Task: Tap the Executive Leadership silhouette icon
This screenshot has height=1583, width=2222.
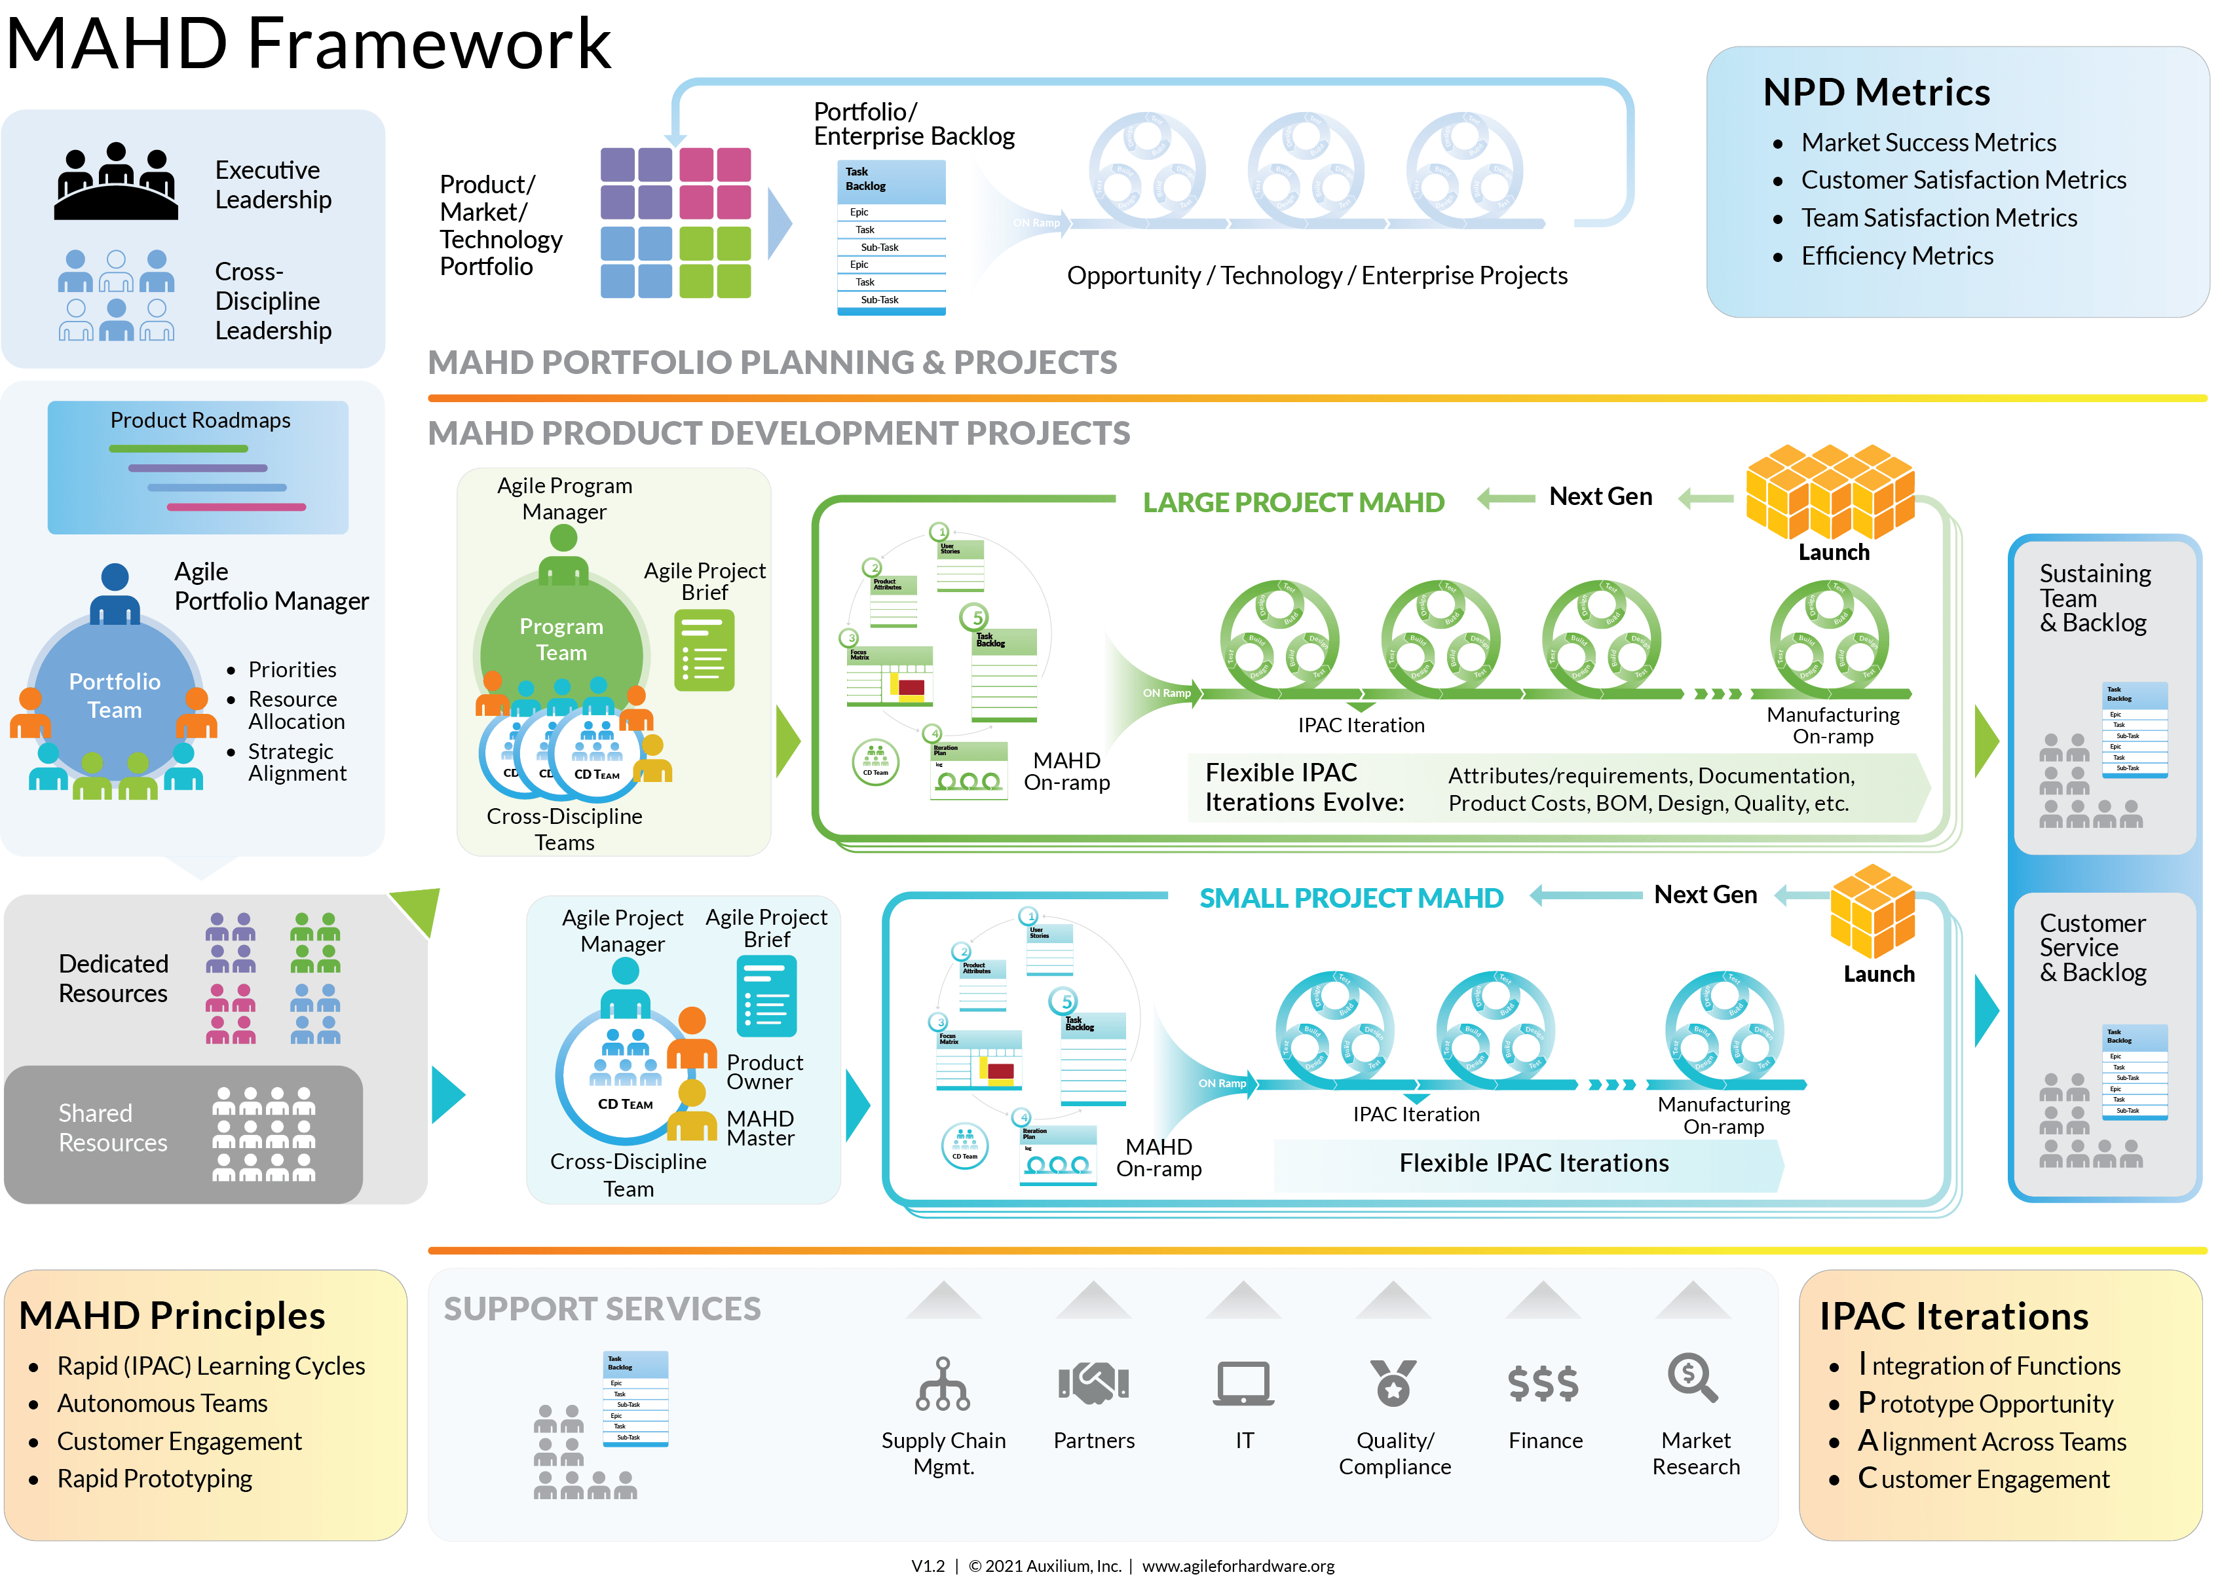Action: click(116, 182)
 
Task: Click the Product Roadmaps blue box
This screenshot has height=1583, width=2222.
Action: click(198, 467)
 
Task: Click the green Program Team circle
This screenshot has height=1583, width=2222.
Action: click(561, 639)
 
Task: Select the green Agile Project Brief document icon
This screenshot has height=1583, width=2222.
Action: click(704, 650)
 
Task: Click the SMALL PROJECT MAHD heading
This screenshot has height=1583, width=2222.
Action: click(1350, 898)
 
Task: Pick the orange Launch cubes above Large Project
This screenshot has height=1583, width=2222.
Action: click(1830, 491)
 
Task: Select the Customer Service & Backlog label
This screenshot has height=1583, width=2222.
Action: click(2092, 948)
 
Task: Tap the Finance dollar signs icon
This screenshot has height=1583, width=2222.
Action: click(1543, 1382)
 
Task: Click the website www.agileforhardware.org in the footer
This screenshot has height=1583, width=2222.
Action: click(1237, 1565)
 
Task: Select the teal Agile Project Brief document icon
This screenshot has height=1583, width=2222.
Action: click(766, 996)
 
